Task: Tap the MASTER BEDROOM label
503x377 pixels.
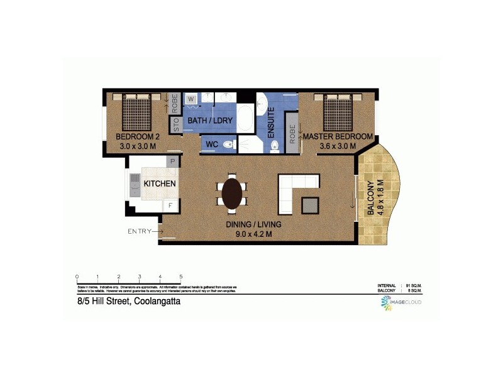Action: pyautogui.click(x=339, y=136)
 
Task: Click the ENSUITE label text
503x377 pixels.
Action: pyautogui.click(x=272, y=118)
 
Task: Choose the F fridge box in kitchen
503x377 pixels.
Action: pyautogui.click(x=169, y=205)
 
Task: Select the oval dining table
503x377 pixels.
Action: pyautogui.click(x=232, y=193)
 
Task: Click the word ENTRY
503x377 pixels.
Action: pyautogui.click(x=140, y=232)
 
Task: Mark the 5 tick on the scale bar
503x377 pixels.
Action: pyautogui.click(x=181, y=277)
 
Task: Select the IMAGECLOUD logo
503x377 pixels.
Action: pyautogui.click(x=401, y=303)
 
